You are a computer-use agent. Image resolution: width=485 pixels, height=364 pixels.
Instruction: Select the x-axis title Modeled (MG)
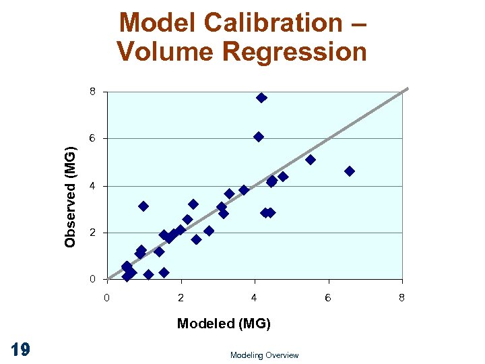(224, 324)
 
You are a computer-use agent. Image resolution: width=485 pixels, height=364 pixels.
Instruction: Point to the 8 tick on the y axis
(93, 91)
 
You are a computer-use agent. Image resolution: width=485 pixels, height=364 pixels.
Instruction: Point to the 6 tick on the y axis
(93, 138)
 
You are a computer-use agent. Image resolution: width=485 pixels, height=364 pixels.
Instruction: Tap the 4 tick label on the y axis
(93, 185)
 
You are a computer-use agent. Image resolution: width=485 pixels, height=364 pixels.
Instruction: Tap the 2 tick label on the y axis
(93, 233)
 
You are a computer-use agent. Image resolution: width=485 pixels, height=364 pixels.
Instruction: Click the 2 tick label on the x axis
(181, 297)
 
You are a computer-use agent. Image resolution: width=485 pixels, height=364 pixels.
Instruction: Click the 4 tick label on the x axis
(254, 297)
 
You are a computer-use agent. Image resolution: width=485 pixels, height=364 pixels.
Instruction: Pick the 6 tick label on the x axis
(328, 297)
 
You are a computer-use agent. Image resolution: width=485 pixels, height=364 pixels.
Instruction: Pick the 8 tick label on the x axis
(401, 297)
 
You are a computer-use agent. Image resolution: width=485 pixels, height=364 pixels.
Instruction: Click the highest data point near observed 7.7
(261, 98)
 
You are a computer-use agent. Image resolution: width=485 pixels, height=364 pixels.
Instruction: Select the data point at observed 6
(259, 137)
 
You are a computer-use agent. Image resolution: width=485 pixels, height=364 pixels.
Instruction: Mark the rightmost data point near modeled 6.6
(350, 171)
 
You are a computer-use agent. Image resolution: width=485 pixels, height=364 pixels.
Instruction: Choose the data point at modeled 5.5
(311, 160)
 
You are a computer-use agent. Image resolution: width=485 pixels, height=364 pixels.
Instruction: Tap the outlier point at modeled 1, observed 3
(143, 206)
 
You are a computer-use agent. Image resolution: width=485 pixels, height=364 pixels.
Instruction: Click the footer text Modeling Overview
(264, 355)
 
